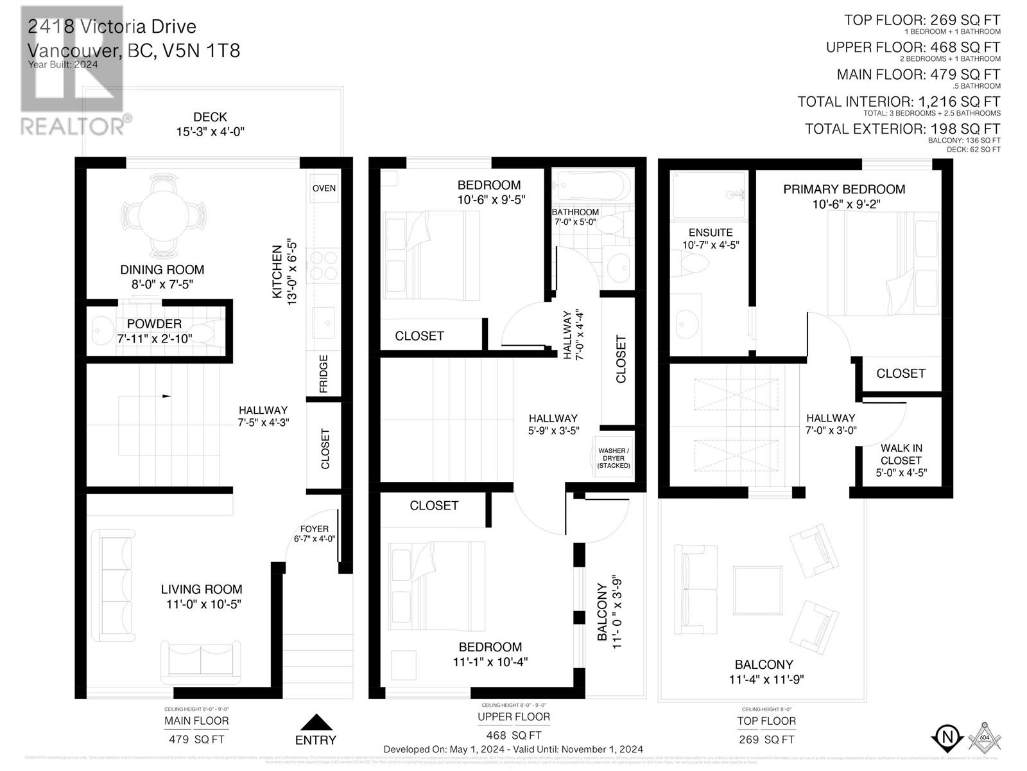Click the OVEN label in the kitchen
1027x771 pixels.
click(324, 188)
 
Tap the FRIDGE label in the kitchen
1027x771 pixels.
click(324, 373)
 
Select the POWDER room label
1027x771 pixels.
click(154, 324)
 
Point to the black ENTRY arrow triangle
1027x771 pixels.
click(315, 723)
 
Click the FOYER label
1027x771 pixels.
click(315, 529)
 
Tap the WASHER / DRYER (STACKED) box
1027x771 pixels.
click(614, 458)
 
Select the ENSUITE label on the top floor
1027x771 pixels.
click(710, 233)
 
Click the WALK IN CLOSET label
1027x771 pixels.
click(901, 454)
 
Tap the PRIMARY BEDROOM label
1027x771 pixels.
click(844, 190)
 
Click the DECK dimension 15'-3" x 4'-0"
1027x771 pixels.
click(211, 132)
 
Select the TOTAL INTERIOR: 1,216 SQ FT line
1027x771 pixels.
click(899, 102)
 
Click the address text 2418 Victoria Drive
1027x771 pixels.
click(112, 27)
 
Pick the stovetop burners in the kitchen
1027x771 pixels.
click(323, 266)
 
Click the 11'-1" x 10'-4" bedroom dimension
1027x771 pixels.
click(490, 662)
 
